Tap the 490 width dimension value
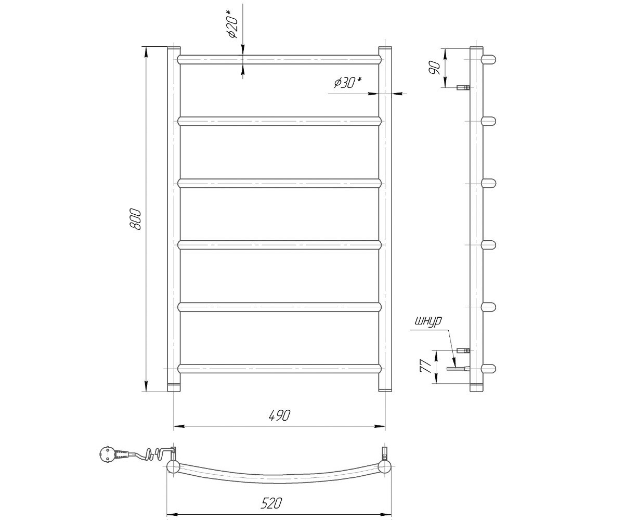(x=279, y=415)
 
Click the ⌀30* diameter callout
(x=348, y=83)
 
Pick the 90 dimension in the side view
(x=434, y=68)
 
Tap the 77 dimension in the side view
(x=426, y=366)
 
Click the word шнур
(x=428, y=321)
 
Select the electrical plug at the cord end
(x=105, y=455)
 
